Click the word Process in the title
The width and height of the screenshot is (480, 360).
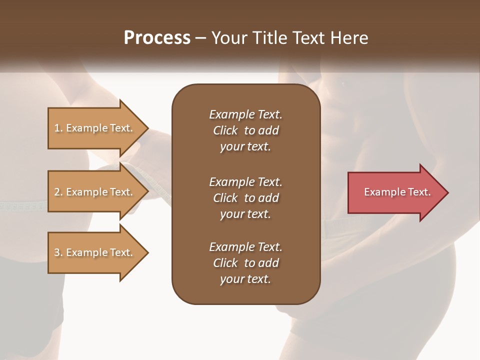click(x=157, y=38)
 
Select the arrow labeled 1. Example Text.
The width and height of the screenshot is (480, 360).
click(x=95, y=128)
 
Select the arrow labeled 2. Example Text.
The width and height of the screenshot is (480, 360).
click(x=95, y=192)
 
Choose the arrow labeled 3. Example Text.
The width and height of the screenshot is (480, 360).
click(x=95, y=252)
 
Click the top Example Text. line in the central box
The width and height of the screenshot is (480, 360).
click(x=245, y=114)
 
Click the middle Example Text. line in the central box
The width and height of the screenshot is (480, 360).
click(x=245, y=181)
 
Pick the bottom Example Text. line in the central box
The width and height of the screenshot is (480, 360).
click(x=245, y=247)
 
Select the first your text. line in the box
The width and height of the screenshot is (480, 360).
click(x=245, y=147)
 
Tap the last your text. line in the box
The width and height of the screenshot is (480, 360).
click(x=245, y=279)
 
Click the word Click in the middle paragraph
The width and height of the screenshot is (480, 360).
click(x=225, y=198)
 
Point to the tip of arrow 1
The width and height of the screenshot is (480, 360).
click(x=148, y=128)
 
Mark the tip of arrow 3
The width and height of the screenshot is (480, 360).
click(x=148, y=252)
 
